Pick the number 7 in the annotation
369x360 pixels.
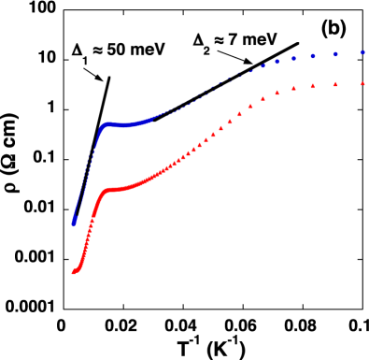point(235,40)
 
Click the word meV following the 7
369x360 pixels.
point(260,40)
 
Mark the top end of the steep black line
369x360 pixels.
point(109,78)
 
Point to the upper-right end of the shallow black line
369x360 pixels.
point(298,43)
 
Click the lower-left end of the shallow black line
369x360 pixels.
point(153,120)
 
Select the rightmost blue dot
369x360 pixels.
point(362,53)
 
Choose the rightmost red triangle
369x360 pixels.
point(362,83)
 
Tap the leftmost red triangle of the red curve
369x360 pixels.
point(73,271)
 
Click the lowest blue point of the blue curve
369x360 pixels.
point(73,223)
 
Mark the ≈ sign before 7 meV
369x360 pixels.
point(222,40)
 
